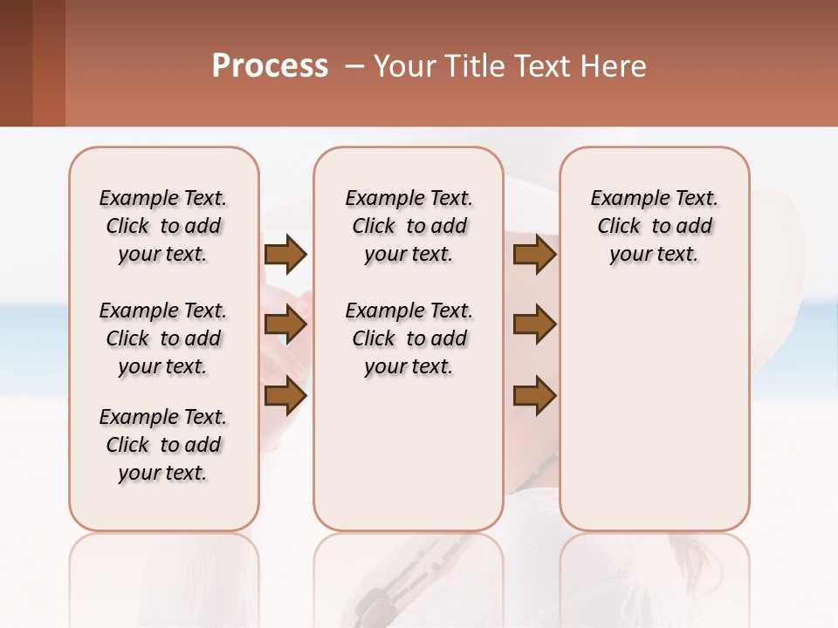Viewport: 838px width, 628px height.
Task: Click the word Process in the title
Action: pos(270,66)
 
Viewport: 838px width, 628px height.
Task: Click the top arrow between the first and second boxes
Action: pos(285,255)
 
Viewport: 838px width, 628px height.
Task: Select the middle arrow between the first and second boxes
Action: pos(285,325)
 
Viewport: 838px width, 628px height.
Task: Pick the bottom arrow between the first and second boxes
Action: pos(285,395)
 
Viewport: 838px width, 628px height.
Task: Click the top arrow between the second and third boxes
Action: pos(534,255)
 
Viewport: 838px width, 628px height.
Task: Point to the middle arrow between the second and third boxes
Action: pos(534,325)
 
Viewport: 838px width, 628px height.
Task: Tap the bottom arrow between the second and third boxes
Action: pos(534,395)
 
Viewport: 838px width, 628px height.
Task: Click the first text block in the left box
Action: pos(163,226)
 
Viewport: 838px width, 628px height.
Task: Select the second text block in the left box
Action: pos(163,338)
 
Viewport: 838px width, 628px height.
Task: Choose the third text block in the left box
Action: pos(163,445)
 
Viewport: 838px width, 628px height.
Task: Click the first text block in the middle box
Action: pos(409,226)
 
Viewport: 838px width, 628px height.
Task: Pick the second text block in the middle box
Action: pos(409,338)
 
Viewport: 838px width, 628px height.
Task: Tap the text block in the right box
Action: pos(654,226)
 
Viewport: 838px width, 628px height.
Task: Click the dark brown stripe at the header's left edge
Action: pos(16,63)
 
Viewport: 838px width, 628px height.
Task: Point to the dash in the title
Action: pos(354,66)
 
